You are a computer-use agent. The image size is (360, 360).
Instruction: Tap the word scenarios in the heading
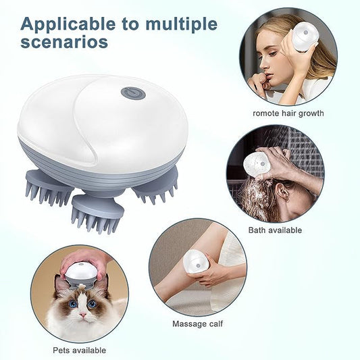(x=64, y=42)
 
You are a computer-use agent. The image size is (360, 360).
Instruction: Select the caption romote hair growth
(x=288, y=113)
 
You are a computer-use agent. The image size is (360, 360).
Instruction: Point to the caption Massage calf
(x=197, y=324)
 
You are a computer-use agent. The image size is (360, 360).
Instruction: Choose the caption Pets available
(x=79, y=350)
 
